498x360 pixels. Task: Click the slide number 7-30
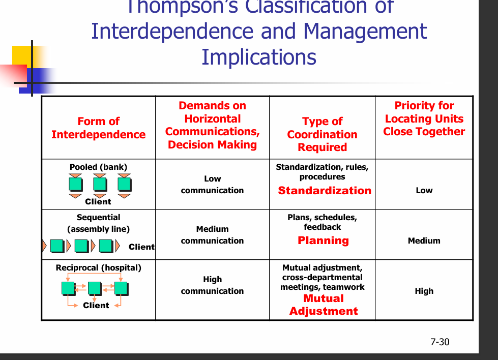440,342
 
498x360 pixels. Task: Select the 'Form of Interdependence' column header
98,128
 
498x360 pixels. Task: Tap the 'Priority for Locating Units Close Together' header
424,118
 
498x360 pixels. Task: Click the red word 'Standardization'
325,191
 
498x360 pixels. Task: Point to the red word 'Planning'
323,241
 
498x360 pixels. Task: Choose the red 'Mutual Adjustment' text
324,305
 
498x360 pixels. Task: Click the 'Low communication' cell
212,185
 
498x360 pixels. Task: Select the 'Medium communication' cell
212,235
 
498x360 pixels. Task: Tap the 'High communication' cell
212,285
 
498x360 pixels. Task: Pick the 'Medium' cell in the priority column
424,241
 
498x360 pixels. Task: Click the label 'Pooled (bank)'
98,167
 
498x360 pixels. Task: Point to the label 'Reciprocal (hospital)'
98,267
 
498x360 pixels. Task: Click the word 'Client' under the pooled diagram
98,201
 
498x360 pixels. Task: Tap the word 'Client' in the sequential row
141,247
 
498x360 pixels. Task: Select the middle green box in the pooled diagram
100,184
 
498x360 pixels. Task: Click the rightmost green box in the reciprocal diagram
121,288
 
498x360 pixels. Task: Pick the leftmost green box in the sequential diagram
56,247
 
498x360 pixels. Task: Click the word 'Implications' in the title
259,56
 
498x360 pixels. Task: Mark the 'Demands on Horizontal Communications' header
212,125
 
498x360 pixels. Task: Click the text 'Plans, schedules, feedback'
322,222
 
